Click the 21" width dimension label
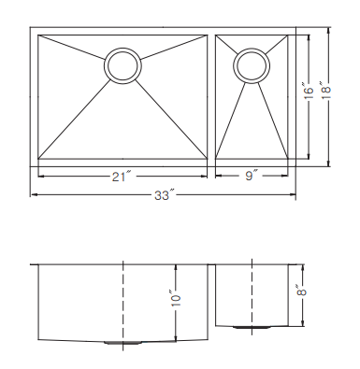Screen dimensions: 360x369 (121, 177)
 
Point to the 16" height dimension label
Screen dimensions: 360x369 (308, 91)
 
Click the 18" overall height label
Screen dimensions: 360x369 (326, 91)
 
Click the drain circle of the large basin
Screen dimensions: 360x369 (122, 65)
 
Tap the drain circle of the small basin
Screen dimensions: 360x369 (252, 65)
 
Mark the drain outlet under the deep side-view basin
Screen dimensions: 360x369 (122, 343)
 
